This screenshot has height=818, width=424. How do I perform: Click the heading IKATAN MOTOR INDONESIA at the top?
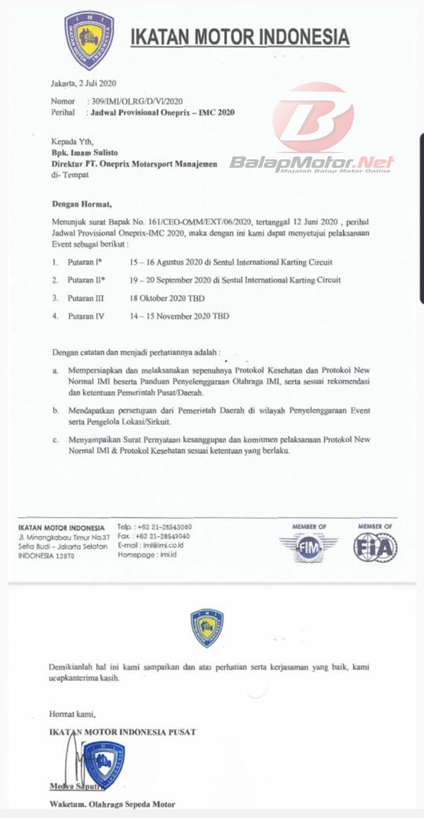[240, 37]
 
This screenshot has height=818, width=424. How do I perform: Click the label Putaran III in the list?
[87, 298]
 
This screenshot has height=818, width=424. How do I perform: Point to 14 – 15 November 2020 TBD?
[178, 315]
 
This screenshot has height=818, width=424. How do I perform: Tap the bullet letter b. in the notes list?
[55, 410]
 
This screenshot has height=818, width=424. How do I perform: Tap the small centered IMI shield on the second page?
[207, 628]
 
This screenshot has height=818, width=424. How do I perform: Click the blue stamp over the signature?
[104, 764]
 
